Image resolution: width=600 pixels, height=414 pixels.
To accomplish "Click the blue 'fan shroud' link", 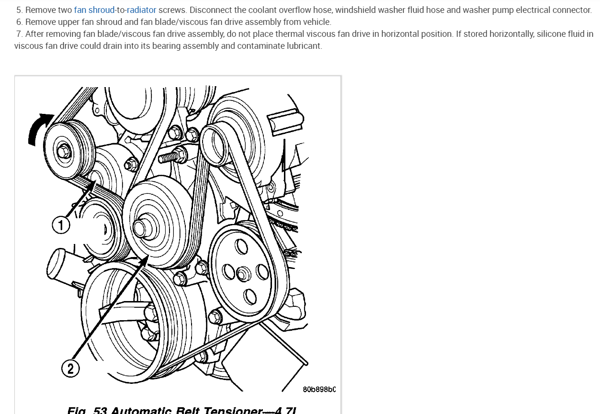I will point(94,10).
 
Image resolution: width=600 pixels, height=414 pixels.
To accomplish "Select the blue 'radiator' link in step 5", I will point(141,10).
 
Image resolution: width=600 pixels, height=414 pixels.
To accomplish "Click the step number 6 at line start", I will point(19,22).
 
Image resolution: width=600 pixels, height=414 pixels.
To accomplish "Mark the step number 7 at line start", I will point(19,34).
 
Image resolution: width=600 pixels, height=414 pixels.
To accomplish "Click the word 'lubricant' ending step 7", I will point(304,46).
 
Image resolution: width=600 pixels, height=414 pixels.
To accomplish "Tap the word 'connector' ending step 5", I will point(572,10).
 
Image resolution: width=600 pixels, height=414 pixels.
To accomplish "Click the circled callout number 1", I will point(61,225).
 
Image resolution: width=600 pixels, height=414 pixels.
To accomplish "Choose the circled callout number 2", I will point(70,368).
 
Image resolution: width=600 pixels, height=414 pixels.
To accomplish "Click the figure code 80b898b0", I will point(319,389).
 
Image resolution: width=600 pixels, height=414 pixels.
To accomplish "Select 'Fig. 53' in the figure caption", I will point(87,410).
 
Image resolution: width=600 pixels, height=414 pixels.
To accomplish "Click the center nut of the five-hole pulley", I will point(243,274).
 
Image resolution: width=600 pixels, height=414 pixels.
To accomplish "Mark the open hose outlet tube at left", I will point(57,263).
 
